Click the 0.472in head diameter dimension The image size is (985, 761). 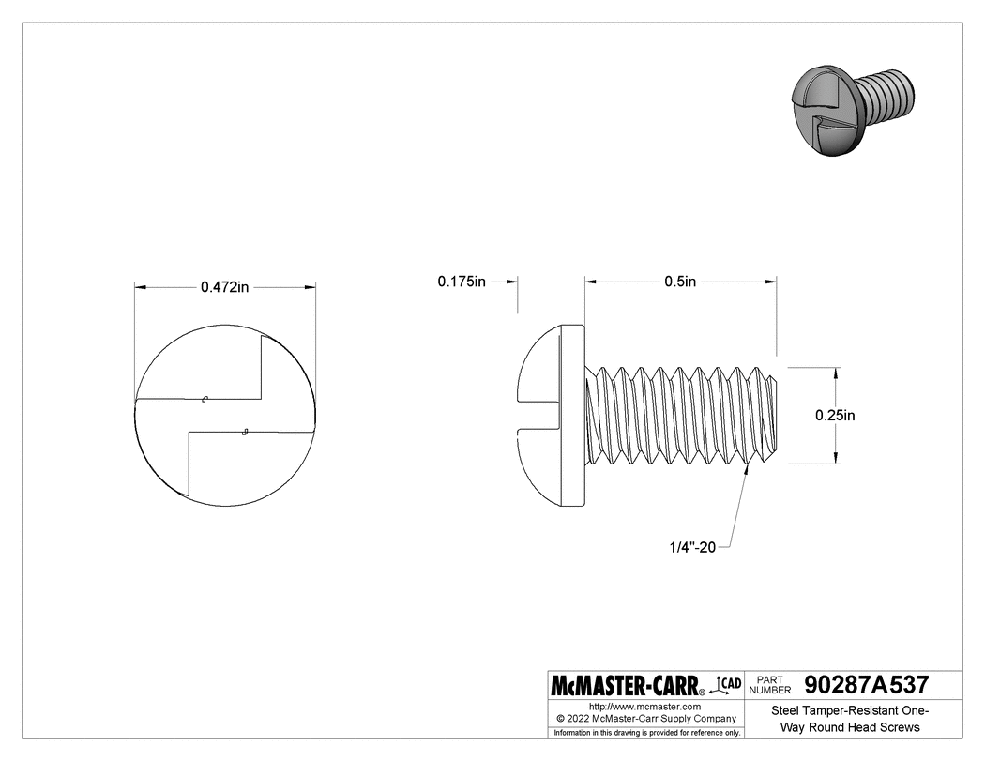[224, 287]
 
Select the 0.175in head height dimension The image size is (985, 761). [462, 282]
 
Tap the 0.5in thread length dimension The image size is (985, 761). [680, 282]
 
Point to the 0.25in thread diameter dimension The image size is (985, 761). [835, 415]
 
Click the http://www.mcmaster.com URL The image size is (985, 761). [644, 706]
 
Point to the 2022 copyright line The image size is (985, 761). [644, 718]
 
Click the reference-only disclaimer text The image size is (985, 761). [644, 732]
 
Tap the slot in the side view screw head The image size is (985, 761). [539, 415]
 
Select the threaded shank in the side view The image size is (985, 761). [680, 415]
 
